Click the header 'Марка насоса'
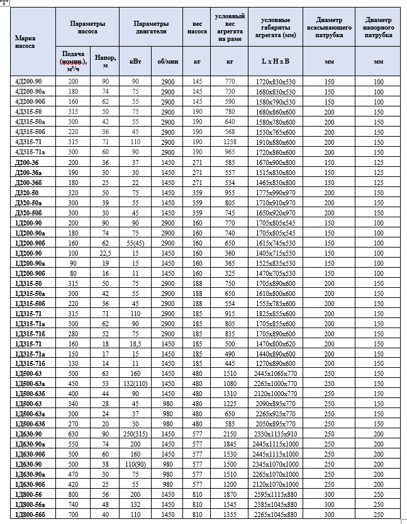25,42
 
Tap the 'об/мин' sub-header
167,62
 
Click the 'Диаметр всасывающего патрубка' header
329,27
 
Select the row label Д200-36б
28,182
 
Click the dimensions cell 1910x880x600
272,142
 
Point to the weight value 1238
229,142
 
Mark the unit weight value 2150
229,435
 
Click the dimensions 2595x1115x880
272,495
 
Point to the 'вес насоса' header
197,27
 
